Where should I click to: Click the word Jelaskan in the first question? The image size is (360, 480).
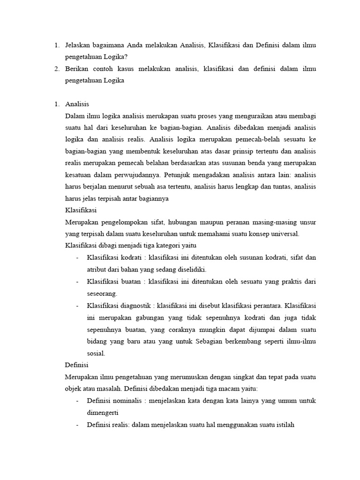pos(79,45)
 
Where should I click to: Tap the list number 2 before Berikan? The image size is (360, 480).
pos(56,69)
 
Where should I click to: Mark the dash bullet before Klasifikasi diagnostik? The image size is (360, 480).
pos(77,306)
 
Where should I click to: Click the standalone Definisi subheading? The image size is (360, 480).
pos(76,364)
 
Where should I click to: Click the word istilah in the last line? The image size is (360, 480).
pos(283,425)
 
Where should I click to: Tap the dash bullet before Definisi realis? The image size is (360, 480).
pos(77,425)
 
